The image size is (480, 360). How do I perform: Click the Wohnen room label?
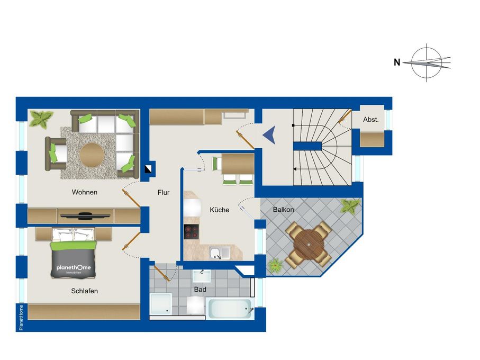coord(85,192)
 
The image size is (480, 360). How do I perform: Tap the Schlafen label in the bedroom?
coord(85,291)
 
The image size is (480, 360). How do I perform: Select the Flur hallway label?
coord(164,193)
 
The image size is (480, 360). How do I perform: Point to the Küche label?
coord(220,210)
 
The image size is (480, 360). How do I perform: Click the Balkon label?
coord(284,210)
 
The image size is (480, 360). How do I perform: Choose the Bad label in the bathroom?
coord(200,290)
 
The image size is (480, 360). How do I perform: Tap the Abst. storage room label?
coord(370,120)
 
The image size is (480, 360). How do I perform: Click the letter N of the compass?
coord(397,62)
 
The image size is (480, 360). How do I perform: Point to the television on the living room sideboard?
coord(85,215)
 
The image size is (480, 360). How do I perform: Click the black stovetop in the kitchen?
coord(192,232)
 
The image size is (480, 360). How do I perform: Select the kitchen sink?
coord(219,253)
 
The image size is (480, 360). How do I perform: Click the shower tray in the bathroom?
coord(161,304)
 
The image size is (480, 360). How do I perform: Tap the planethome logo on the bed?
coord(74,268)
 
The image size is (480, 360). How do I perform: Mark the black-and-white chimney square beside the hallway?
coord(149,169)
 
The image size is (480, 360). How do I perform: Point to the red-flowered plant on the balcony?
coord(276,266)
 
